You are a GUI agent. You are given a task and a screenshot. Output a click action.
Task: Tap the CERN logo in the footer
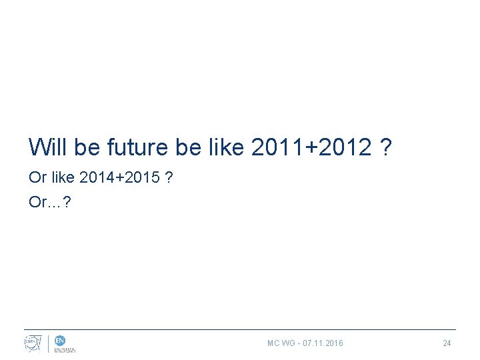coord(33,343)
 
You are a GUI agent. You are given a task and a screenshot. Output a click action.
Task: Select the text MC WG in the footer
coord(281,343)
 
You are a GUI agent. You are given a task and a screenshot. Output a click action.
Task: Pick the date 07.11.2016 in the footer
coord(323,343)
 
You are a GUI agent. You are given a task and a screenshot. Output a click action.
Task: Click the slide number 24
coord(447,343)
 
